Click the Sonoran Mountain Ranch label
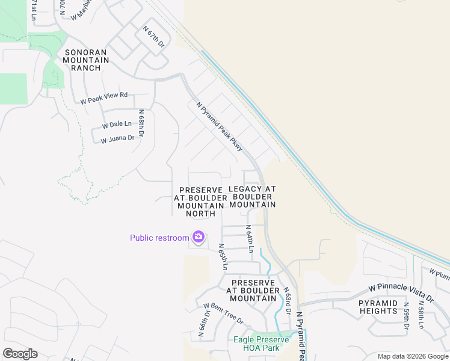tap(85, 60)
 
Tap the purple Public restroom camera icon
tap(198, 237)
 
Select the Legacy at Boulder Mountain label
tap(252, 197)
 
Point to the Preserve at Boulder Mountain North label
tap(201, 202)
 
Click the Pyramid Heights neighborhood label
tap(378, 307)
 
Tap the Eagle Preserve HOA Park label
tap(261, 344)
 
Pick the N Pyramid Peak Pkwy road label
tap(219, 126)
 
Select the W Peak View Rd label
tap(105, 97)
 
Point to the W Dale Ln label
tap(117, 125)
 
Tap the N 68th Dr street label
tap(141, 124)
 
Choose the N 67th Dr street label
tap(153, 37)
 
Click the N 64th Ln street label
tap(249, 239)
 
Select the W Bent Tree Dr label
tap(223, 313)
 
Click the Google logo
tap(20, 354)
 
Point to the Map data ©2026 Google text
tap(412, 356)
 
